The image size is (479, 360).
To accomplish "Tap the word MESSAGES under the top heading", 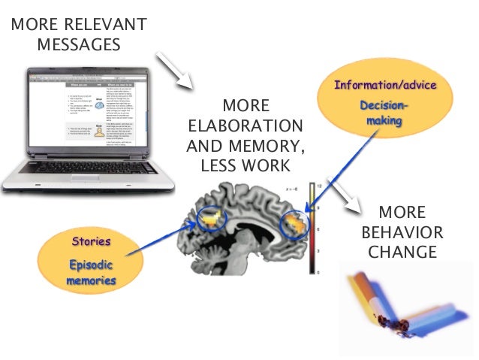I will pos(79,45).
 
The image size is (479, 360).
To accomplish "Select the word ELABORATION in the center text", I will pos(245,125).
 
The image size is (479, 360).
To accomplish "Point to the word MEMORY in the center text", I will pos(273,144).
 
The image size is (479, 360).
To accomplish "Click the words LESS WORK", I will pos(245,164).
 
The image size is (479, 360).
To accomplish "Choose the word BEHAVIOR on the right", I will pos(402,231).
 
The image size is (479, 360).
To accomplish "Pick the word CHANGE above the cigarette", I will pos(402,250).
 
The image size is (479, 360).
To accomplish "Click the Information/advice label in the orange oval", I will pos(387,84).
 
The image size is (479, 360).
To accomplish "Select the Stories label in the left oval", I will pos(91,242).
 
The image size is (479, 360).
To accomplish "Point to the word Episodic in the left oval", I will pos(91,265).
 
